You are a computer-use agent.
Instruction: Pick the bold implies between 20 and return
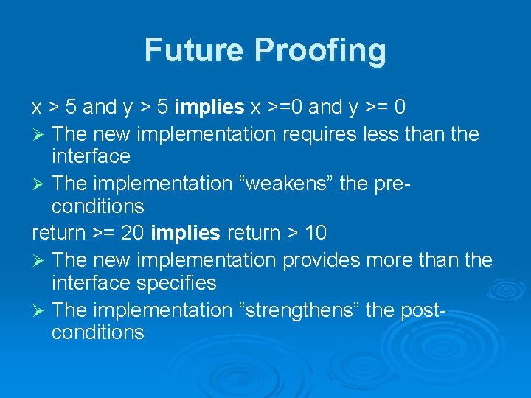click(185, 234)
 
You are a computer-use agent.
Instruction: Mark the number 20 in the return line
click(132, 234)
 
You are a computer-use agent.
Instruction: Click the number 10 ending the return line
click(315, 234)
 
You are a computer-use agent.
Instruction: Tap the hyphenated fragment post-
click(422, 310)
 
